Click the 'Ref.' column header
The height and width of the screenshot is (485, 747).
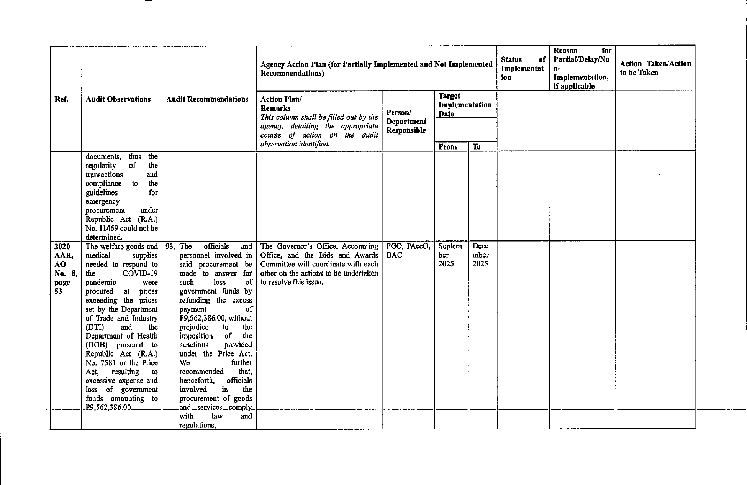61,99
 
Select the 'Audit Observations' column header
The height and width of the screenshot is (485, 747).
118,99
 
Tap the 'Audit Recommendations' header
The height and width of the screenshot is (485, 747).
207,99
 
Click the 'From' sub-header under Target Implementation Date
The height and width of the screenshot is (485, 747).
447,147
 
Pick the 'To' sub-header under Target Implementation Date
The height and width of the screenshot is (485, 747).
477,147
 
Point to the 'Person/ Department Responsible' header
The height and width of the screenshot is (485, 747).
406,122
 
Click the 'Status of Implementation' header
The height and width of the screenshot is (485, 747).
523,68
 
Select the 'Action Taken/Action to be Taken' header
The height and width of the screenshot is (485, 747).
655,68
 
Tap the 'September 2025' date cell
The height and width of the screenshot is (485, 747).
450,255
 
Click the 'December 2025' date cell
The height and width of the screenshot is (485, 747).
480,255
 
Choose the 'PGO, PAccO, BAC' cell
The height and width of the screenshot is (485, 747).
408,251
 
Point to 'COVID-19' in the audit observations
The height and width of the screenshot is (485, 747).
140,273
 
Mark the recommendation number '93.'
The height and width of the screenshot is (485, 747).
170,247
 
